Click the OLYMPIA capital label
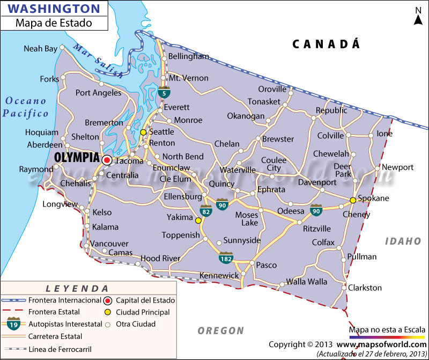[x=77, y=158]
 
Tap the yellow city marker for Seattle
[x=143, y=132]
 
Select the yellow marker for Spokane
[x=353, y=200]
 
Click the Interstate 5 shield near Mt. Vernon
[x=163, y=93]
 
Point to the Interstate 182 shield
[x=225, y=258]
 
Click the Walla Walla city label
[x=306, y=282]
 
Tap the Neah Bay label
[x=40, y=49]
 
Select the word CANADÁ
[x=326, y=44]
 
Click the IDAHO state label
[x=403, y=241]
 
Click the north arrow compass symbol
[x=418, y=16]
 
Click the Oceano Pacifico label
[x=25, y=107]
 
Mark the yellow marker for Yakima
[x=198, y=221]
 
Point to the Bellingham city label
[x=188, y=56]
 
